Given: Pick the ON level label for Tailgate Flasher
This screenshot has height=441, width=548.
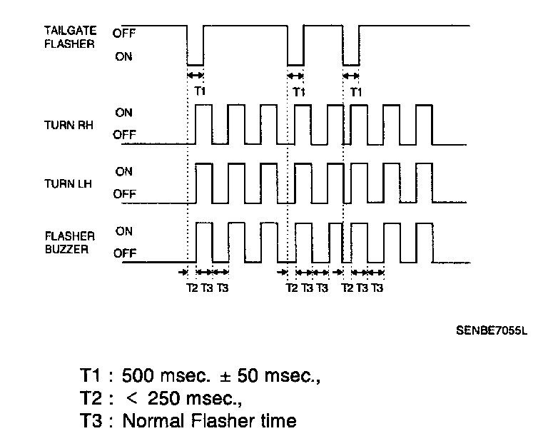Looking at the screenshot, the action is click(x=123, y=57).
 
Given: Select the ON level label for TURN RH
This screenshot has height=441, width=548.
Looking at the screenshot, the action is click(x=124, y=113).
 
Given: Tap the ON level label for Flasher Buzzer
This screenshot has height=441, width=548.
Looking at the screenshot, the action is click(x=124, y=231).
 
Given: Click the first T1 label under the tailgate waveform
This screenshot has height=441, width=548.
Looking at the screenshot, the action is click(x=200, y=91).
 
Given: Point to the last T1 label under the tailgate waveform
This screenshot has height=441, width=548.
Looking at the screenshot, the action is click(x=356, y=91).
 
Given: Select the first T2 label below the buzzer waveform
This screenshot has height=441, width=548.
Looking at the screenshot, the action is click(x=192, y=288).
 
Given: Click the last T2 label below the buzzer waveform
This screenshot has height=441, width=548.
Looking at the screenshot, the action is click(x=347, y=288).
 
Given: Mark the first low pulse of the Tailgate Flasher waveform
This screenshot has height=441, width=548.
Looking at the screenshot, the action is click(x=195, y=45).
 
